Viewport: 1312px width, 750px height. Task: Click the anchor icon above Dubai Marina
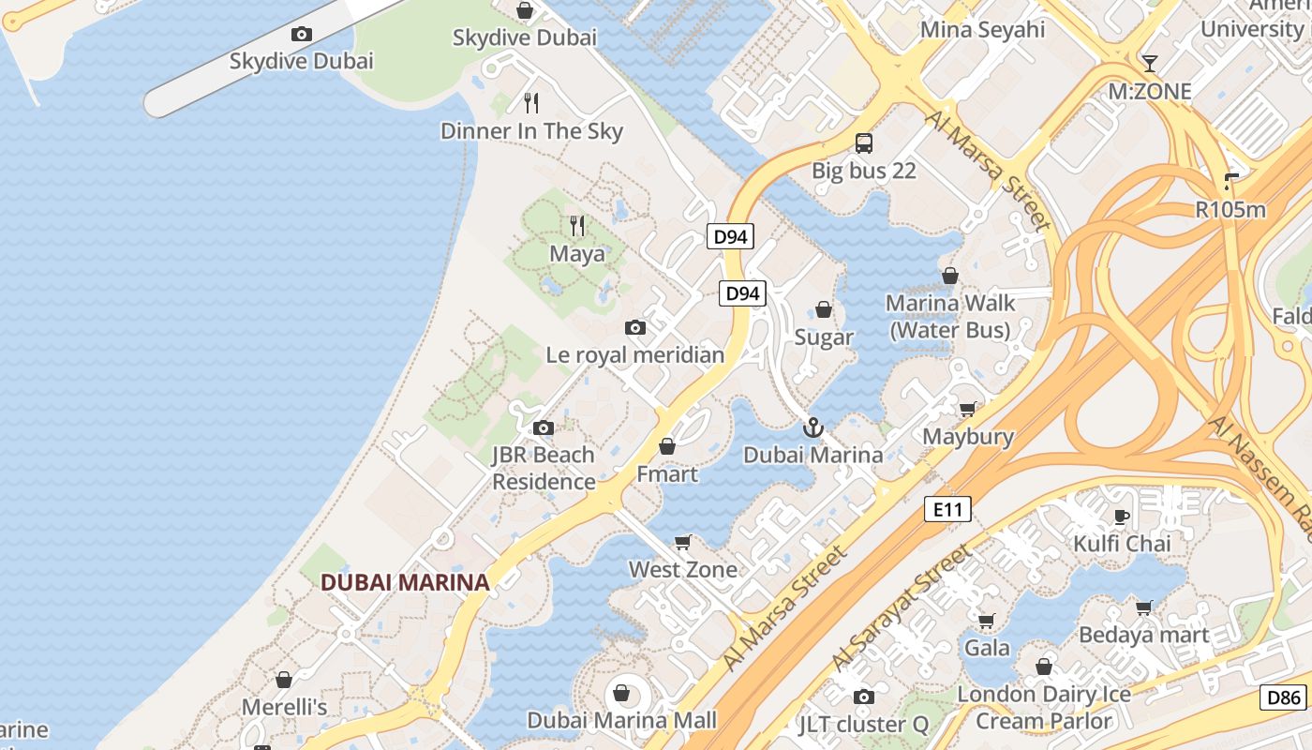point(813,428)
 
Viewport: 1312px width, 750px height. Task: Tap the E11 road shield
point(947,509)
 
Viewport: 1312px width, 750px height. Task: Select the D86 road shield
point(1284,697)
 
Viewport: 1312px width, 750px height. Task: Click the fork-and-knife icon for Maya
point(577,226)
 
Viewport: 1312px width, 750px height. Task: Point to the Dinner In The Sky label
point(531,131)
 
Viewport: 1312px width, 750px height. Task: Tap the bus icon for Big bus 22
point(864,143)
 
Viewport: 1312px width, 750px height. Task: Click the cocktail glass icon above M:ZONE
point(1150,64)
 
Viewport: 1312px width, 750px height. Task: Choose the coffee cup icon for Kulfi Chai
point(1121,517)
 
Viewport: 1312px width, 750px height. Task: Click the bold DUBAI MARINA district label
point(405,582)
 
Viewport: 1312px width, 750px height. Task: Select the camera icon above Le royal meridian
point(635,327)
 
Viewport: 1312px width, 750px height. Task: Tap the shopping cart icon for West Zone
point(683,543)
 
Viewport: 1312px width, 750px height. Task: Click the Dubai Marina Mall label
point(621,720)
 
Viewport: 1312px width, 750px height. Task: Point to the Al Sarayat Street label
point(902,609)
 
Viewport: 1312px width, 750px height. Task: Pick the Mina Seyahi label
point(982,30)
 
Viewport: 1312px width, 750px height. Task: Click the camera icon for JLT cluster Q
point(863,697)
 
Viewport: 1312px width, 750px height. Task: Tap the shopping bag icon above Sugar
point(824,309)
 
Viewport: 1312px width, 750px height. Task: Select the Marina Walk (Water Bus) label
point(950,317)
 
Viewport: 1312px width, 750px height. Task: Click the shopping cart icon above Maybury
point(967,409)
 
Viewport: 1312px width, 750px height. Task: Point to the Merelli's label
point(284,707)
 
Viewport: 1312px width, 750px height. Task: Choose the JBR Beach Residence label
point(544,468)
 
